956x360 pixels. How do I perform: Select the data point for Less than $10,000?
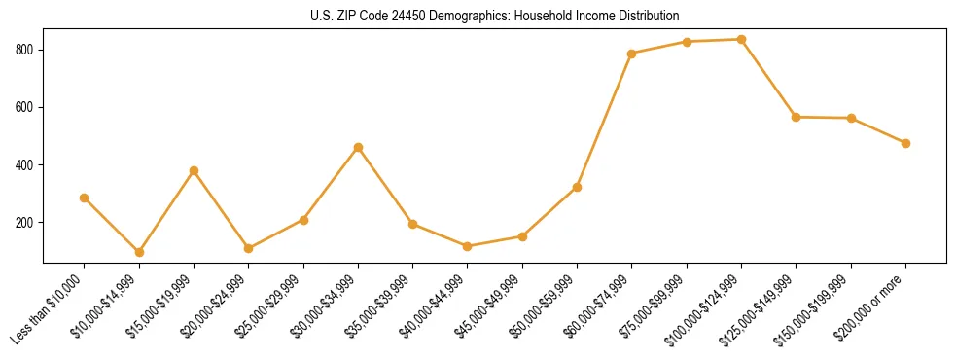click(85, 198)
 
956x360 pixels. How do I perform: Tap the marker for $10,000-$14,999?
click(139, 252)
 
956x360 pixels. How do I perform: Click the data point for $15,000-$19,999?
click(194, 170)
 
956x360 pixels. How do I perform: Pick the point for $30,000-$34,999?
click(358, 147)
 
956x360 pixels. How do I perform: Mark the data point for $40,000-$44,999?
click(468, 246)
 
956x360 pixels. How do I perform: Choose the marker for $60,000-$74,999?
click(632, 54)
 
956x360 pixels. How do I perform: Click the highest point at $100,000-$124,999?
click(741, 40)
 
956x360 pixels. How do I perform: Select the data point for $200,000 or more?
click(905, 143)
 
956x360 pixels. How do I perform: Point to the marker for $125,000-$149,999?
click(797, 117)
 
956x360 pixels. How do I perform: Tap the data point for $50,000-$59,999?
click(577, 187)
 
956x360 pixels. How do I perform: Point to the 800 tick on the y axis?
click(26, 50)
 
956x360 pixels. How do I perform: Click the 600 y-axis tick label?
click(26, 107)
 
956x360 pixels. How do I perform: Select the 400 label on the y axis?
click(26, 165)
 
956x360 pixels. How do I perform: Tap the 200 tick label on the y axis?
click(26, 223)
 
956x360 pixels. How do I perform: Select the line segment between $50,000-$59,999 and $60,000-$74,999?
click(605, 120)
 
